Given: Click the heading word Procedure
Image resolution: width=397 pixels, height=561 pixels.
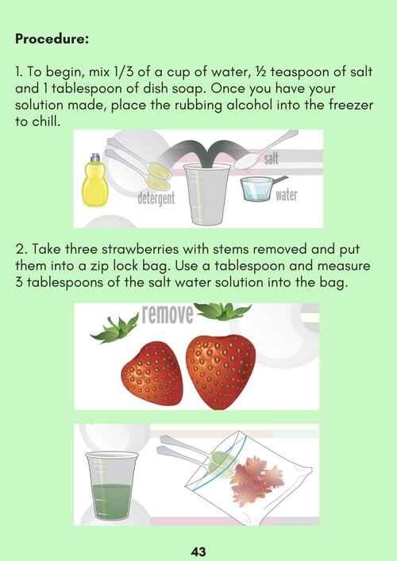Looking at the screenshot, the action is coord(52,39).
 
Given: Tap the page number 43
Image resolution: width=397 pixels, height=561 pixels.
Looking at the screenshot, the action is coord(198,551).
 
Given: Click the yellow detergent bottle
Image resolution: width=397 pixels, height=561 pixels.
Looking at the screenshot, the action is coord(94,180).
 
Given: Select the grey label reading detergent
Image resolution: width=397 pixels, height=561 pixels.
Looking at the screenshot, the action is coord(156,198).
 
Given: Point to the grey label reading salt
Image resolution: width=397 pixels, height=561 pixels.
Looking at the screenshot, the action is coord(271,158).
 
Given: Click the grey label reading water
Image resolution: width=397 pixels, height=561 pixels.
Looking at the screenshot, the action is coord(287,195).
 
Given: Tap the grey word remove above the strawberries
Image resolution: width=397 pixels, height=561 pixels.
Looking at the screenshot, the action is coord(168,313).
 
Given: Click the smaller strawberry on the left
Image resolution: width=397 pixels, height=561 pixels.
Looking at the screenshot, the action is coord(152,374).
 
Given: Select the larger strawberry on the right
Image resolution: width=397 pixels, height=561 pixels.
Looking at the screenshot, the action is coord(221,371).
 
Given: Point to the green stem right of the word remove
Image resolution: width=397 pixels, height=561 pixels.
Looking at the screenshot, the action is coord(222,310).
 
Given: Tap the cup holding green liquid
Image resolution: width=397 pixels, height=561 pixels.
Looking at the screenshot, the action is coord(111,485).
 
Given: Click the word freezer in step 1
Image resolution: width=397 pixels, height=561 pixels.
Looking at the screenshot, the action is coord(351,106).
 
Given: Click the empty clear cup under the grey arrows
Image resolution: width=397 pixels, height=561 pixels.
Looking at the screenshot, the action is coord(206,194).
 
